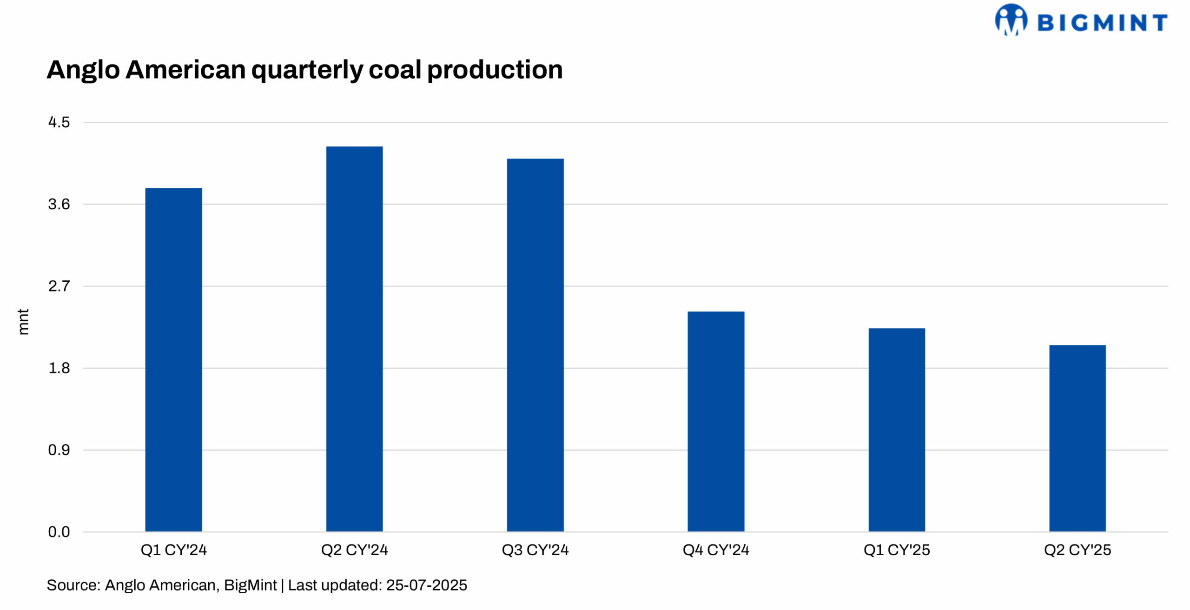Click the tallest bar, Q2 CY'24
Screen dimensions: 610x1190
354,339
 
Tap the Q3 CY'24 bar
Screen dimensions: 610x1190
535,345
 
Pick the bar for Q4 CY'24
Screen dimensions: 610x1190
716,421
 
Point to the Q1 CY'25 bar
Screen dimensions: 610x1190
897,430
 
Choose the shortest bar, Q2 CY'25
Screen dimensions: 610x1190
1078,438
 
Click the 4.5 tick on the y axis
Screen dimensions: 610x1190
59,123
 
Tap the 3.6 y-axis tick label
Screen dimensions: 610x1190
59,205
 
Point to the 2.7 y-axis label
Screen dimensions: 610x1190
59,286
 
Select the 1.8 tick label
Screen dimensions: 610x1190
59,368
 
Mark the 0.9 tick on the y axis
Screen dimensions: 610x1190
59,450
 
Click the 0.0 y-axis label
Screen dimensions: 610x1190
59,532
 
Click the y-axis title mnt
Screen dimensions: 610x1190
23,322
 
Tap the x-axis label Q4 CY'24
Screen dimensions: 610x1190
716,550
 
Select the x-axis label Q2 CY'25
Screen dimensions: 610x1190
1078,550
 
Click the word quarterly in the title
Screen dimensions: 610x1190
307,71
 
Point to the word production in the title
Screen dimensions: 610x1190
495,71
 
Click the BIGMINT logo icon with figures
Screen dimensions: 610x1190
1011,20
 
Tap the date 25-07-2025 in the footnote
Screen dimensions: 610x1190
426,585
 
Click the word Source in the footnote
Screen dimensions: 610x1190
72,585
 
